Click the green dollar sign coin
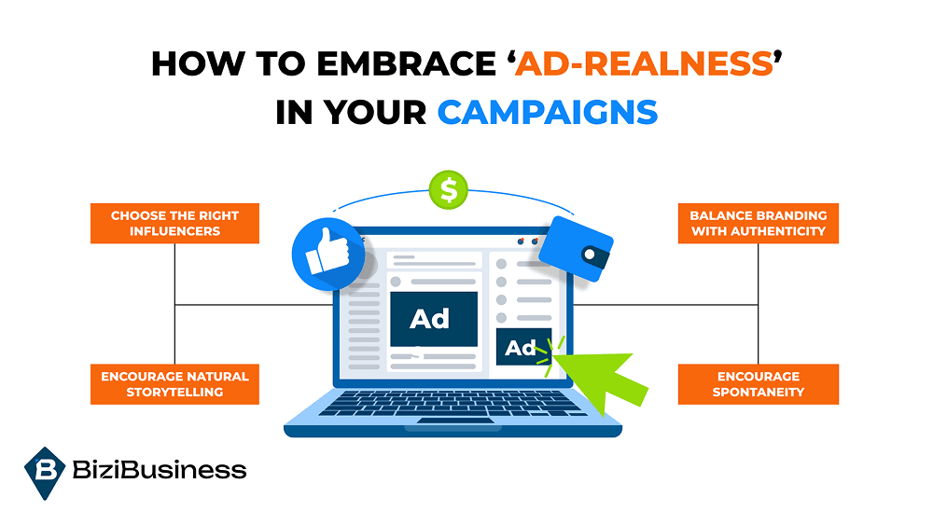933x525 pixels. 449,190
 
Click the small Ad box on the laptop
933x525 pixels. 522,349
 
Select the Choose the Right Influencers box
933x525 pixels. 174,223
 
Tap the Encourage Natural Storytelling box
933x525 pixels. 174,384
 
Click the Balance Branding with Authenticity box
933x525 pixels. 759,223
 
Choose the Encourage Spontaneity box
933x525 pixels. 759,384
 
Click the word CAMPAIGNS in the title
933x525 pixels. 548,112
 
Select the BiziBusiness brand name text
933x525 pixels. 159,470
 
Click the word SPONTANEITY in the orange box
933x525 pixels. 759,393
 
